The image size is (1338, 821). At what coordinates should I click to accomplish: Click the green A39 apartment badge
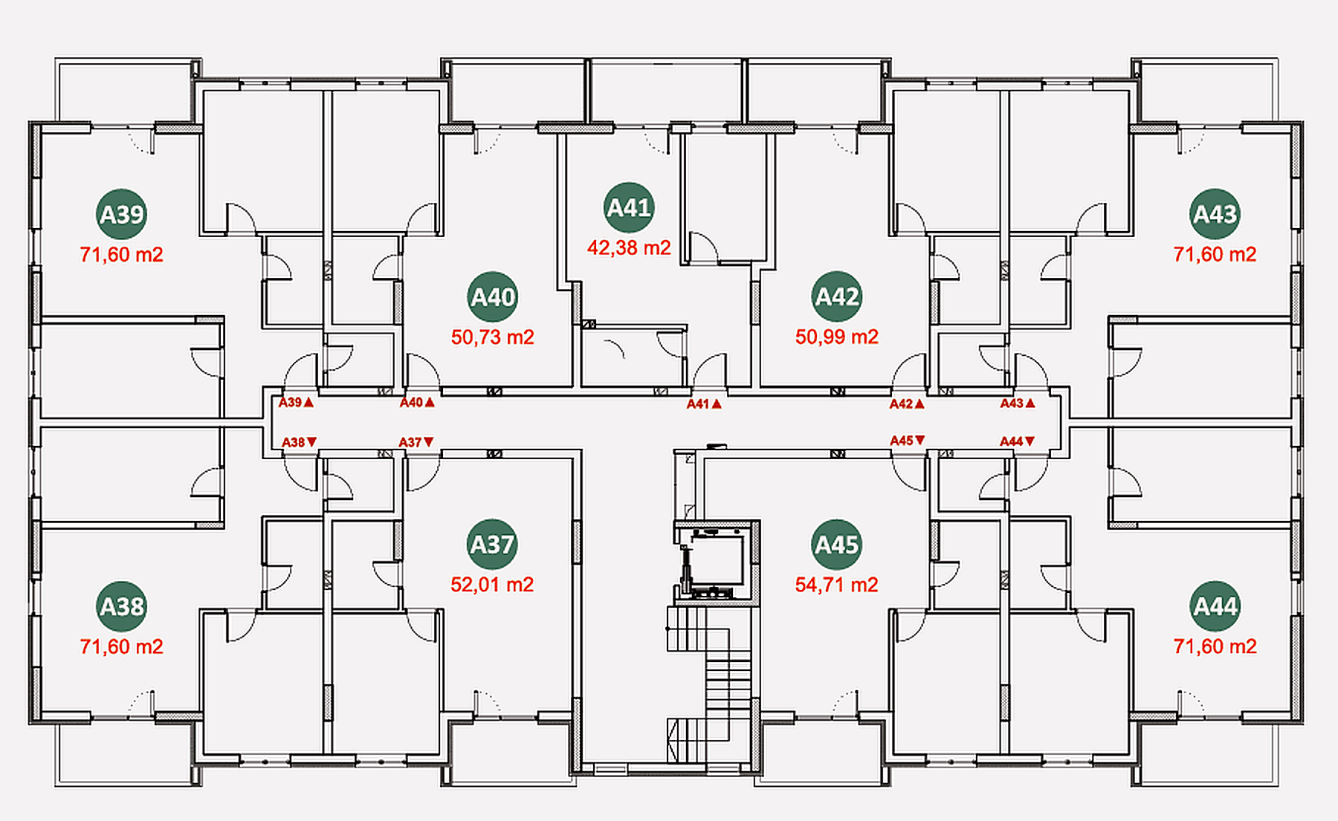[x=121, y=214]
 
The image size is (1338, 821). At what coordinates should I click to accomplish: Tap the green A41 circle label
[x=629, y=207]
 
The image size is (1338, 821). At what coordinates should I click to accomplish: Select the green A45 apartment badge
[x=837, y=545]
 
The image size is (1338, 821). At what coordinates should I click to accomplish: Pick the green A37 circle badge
[x=492, y=545]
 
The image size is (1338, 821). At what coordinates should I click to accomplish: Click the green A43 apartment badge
[x=1215, y=214]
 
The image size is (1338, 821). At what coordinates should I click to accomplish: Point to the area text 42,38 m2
[x=629, y=247]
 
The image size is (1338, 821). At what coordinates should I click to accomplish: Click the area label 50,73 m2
[x=492, y=337]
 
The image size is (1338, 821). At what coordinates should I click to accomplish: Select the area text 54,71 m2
[x=837, y=585]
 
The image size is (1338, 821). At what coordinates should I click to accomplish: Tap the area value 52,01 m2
[x=492, y=585]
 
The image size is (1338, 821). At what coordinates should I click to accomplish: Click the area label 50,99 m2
[x=837, y=337]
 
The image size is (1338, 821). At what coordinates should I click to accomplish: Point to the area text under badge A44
[x=1215, y=646]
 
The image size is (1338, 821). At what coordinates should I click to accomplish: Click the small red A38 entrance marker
[x=300, y=442]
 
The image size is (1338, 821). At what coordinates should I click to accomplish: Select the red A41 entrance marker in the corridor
[x=704, y=404]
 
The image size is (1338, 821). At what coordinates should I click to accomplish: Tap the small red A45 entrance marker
[x=908, y=441]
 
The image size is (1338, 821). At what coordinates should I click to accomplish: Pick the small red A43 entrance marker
[x=1018, y=403]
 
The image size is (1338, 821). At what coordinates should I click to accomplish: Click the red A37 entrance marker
[x=416, y=442]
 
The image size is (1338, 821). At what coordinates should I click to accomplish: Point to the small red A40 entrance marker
[x=417, y=403]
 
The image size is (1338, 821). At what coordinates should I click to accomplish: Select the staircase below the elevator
[x=708, y=684]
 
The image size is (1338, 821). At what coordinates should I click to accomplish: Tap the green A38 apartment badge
[x=121, y=606]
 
